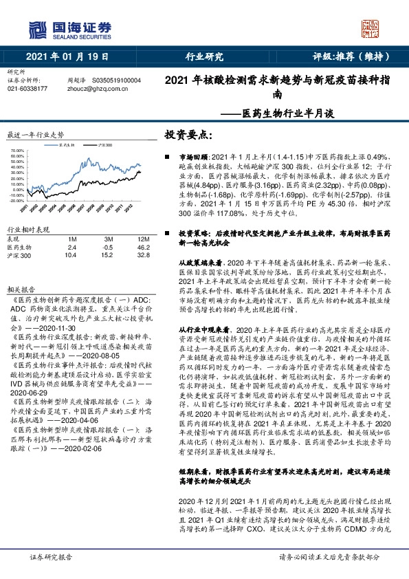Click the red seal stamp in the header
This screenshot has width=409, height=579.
(370, 28)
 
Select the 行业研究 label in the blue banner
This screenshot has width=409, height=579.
(204, 57)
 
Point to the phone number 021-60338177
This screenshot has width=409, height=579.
(27, 88)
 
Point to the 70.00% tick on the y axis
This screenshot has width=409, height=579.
(18, 151)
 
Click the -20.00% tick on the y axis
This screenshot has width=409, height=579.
(17, 201)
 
